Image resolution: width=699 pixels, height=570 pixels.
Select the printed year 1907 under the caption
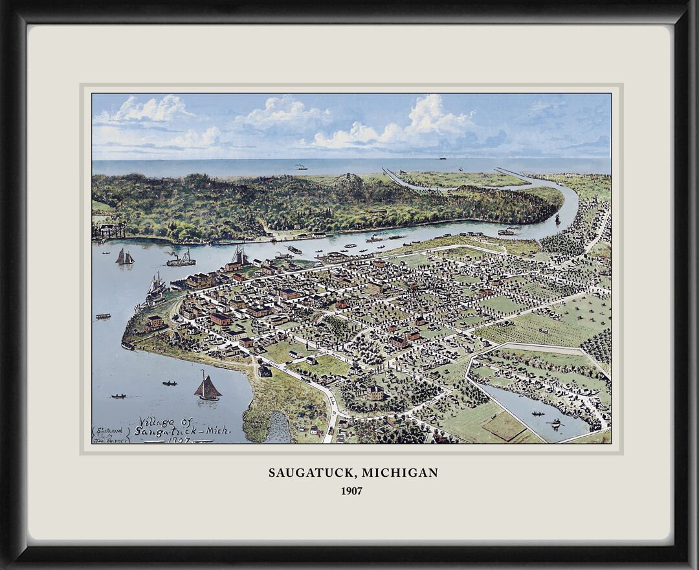pyautogui.click(x=351, y=491)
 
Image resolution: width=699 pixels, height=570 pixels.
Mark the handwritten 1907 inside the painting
pyautogui.click(x=179, y=440)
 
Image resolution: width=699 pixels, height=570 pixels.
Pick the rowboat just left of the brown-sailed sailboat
pyautogui.click(x=170, y=383)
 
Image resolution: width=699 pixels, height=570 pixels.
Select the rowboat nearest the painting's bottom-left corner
pyautogui.click(x=118, y=396)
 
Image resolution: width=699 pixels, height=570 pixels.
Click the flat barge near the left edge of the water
pyautogui.click(x=103, y=316)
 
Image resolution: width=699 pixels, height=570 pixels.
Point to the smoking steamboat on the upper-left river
pyautogui.click(x=181, y=260)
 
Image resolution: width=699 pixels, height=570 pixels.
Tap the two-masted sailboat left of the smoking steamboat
pyautogui.click(x=125, y=258)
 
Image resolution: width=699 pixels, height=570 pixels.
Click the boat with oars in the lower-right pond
pyautogui.click(x=554, y=424)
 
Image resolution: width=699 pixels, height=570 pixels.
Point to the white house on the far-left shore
pyautogui.click(x=111, y=230)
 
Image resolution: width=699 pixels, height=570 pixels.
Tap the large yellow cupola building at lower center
pyautogui.click(x=374, y=392)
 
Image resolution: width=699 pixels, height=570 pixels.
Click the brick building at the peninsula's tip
pyautogui.click(x=155, y=322)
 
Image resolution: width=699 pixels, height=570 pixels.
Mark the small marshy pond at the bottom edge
pyautogui.click(x=278, y=427)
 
